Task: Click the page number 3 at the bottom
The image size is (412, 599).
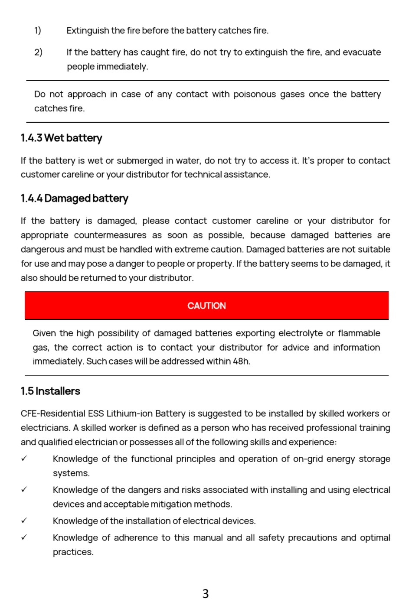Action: (x=206, y=593)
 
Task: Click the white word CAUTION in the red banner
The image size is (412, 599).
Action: (x=206, y=306)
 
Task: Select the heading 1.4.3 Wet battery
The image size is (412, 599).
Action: (x=61, y=138)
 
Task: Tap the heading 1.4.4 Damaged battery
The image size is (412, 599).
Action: (x=74, y=198)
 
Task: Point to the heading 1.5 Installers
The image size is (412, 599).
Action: (x=50, y=391)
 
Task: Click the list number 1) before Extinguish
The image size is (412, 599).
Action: (x=38, y=30)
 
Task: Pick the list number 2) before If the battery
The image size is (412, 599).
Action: (x=38, y=52)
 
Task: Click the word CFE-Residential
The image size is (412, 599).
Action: (x=53, y=413)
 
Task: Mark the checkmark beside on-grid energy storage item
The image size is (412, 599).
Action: (x=24, y=459)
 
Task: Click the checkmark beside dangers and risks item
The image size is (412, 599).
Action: (x=24, y=490)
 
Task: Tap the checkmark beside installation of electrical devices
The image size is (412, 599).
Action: (x=24, y=521)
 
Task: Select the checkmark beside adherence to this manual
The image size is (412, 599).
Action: (x=24, y=537)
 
